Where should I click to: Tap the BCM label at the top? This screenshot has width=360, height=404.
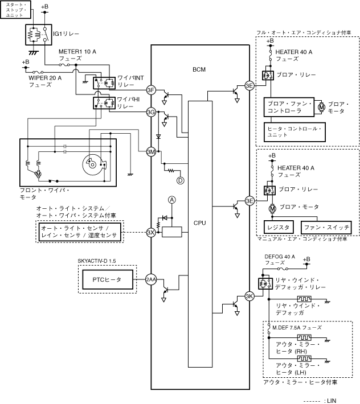[x=200, y=69]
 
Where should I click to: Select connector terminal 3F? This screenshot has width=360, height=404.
[x=150, y=90]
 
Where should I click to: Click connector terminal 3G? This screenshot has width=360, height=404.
[x=150, y=112]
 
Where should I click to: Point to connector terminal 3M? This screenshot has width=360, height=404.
[x=150, y=151]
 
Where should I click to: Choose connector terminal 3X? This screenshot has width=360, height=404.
[x=150, y=232]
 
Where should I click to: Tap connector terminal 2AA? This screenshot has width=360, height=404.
[x=150, y=279]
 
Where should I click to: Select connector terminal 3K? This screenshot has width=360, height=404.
[x=249, y=296]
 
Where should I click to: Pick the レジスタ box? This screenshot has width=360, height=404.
[x=279, y=227]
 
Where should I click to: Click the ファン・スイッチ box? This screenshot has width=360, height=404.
[x=325, y=227]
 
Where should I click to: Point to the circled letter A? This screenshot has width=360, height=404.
[x=171, y=200]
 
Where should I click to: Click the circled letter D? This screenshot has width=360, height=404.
[x=180, y=180]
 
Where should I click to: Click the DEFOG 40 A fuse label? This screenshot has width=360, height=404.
[x=280, y=260]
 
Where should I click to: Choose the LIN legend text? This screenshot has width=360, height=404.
[x=330, y=399]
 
